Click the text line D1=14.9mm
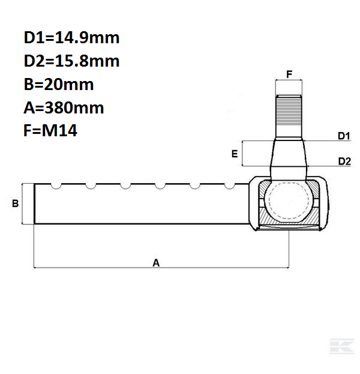[71, 38]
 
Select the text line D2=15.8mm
[71, 61]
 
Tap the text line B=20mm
[59, 85]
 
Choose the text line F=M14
[50, 131]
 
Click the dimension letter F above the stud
[289, 75]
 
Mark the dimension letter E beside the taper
[234, 154]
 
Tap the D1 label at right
[344, 137]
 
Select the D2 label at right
[344, 161]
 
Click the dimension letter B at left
[16, 204]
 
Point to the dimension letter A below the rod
[157, 262]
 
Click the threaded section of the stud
[289, 117]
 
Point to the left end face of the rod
[35, 204]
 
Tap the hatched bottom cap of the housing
[289, 225]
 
